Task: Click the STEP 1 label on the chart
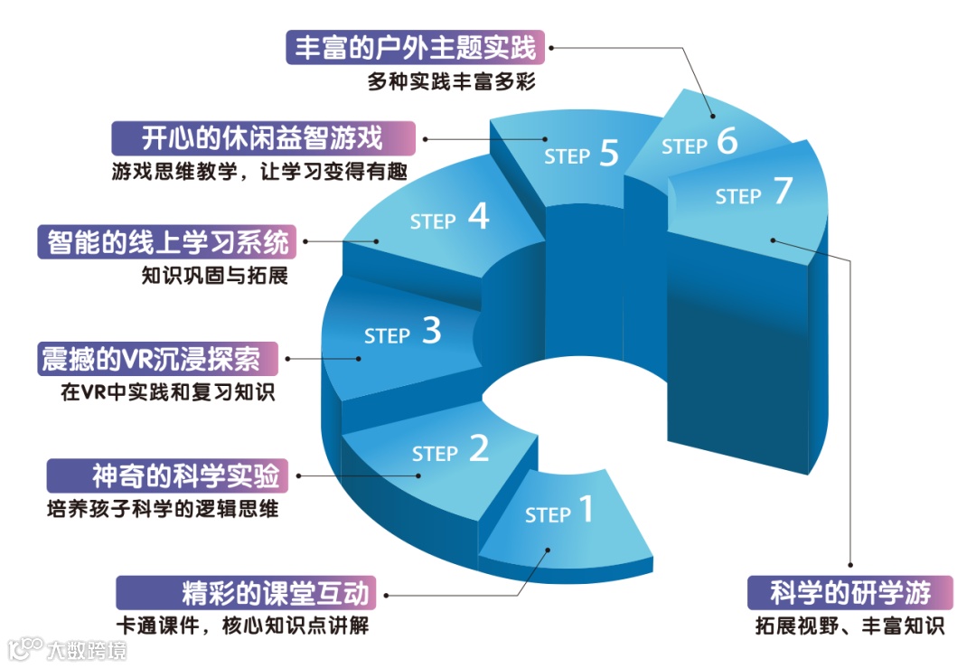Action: pos(559,513)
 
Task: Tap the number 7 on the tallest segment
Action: pos(783,193)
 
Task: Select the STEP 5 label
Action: pos(581,155)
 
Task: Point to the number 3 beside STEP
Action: pos(432,331)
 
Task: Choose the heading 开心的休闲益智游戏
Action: pos(263,138)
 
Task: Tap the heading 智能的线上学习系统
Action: pos(169,242)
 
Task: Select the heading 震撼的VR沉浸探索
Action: pos(150,359)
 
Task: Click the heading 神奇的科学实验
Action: pos(186,475)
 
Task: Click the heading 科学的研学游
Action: pos(850,593)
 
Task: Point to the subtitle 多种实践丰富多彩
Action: pos(452,81)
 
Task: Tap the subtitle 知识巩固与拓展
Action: pos(215,275)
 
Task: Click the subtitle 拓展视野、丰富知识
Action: pos(849,626)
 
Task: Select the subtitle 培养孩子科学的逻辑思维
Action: pos(163,508)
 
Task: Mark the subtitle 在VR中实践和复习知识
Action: pos(169,392)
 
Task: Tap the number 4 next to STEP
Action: pos(479,217)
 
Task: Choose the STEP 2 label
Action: pos(450,451)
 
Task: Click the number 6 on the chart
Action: pos(727,141)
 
